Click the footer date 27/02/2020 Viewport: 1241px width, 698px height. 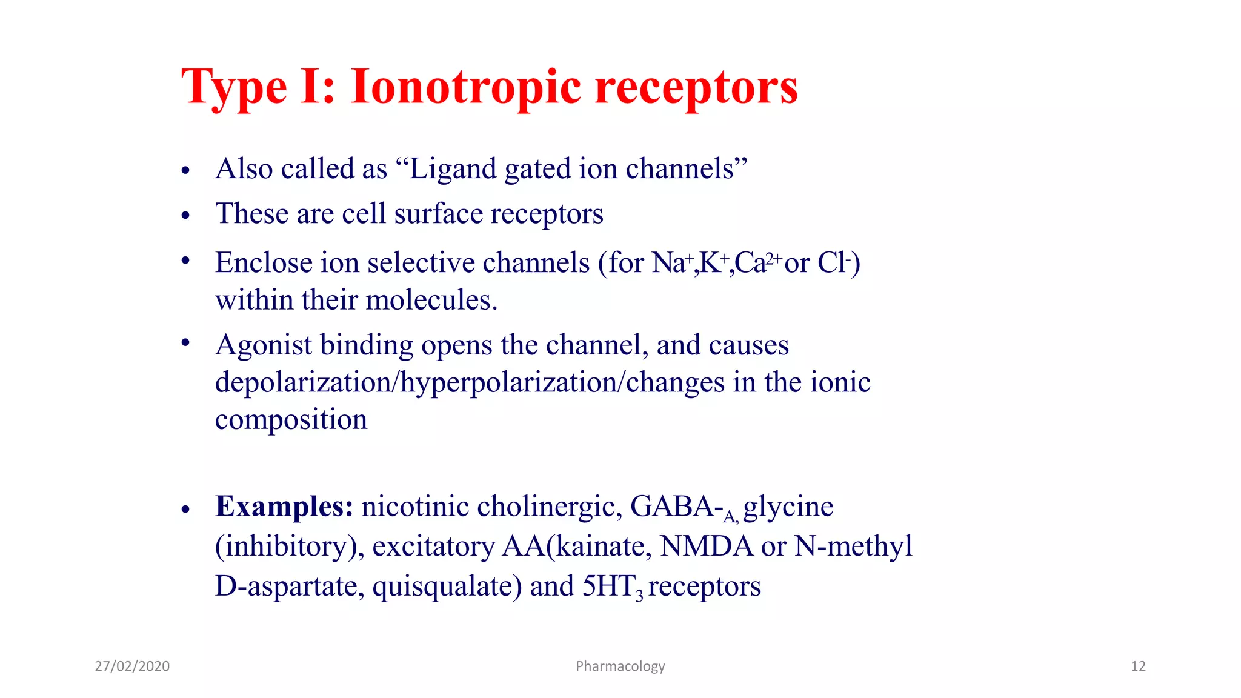pos(132,666)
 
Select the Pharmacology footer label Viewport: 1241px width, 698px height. pos(620,666)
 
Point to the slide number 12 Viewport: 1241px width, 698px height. pos(1138,666)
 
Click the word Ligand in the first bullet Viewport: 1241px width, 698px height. pos(453,169)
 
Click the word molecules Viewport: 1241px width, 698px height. pos(431,300)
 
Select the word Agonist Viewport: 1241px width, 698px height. pos(264,345)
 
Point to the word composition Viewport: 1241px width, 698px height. pos(291,420)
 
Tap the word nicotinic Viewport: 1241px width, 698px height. pos(415,507)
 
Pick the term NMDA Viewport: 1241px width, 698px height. pos(707,546)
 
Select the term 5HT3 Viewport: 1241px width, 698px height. pos(612,587)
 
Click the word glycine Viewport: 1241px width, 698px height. pos(788,507)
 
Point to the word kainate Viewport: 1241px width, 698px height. pos(604,546)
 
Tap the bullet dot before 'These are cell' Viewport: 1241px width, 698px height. pos(185,215)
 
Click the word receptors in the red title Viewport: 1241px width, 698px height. pos(696,87)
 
